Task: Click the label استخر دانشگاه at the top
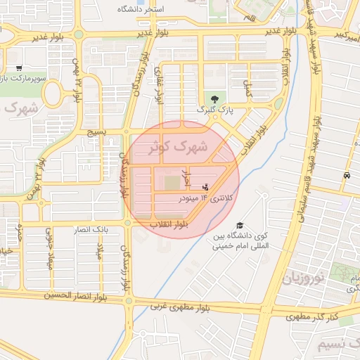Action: click(x=141, y=9)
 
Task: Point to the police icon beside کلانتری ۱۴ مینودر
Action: click(x=205, y=187)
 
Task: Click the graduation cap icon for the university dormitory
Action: click(x=240, y=226)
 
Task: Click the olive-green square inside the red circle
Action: click(x=172, y=183)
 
